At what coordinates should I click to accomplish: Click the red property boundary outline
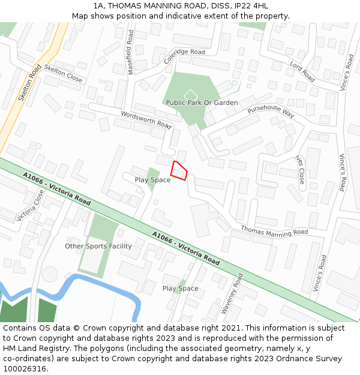pyautogui.click(x=179, y=171)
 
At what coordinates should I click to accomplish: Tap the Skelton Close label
pyautogui.click(x=63, y=74)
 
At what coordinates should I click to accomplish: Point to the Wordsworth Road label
pyautogui.click(x=146, y=118)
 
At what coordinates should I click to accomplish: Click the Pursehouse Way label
pyautogui.click(x=271, y=111)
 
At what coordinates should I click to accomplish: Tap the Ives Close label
pyautogui.click(x=300, y=169)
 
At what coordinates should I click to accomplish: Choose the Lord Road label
pyautogui.click(x=302, y=71)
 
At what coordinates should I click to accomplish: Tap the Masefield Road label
pyautogui.click(x=130, y=53)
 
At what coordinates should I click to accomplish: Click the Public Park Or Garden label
pyautogui.click(x=202, y=103)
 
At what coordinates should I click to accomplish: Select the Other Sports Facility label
pyautogui.click(x=98, y=246)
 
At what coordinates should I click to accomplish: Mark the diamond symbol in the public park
pyautogui.click(x=191, y=94)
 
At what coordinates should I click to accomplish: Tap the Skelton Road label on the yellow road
pyautogui.click(x=29, y=83)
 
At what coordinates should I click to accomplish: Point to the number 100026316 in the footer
pyautogui.click(x=25, y=368)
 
